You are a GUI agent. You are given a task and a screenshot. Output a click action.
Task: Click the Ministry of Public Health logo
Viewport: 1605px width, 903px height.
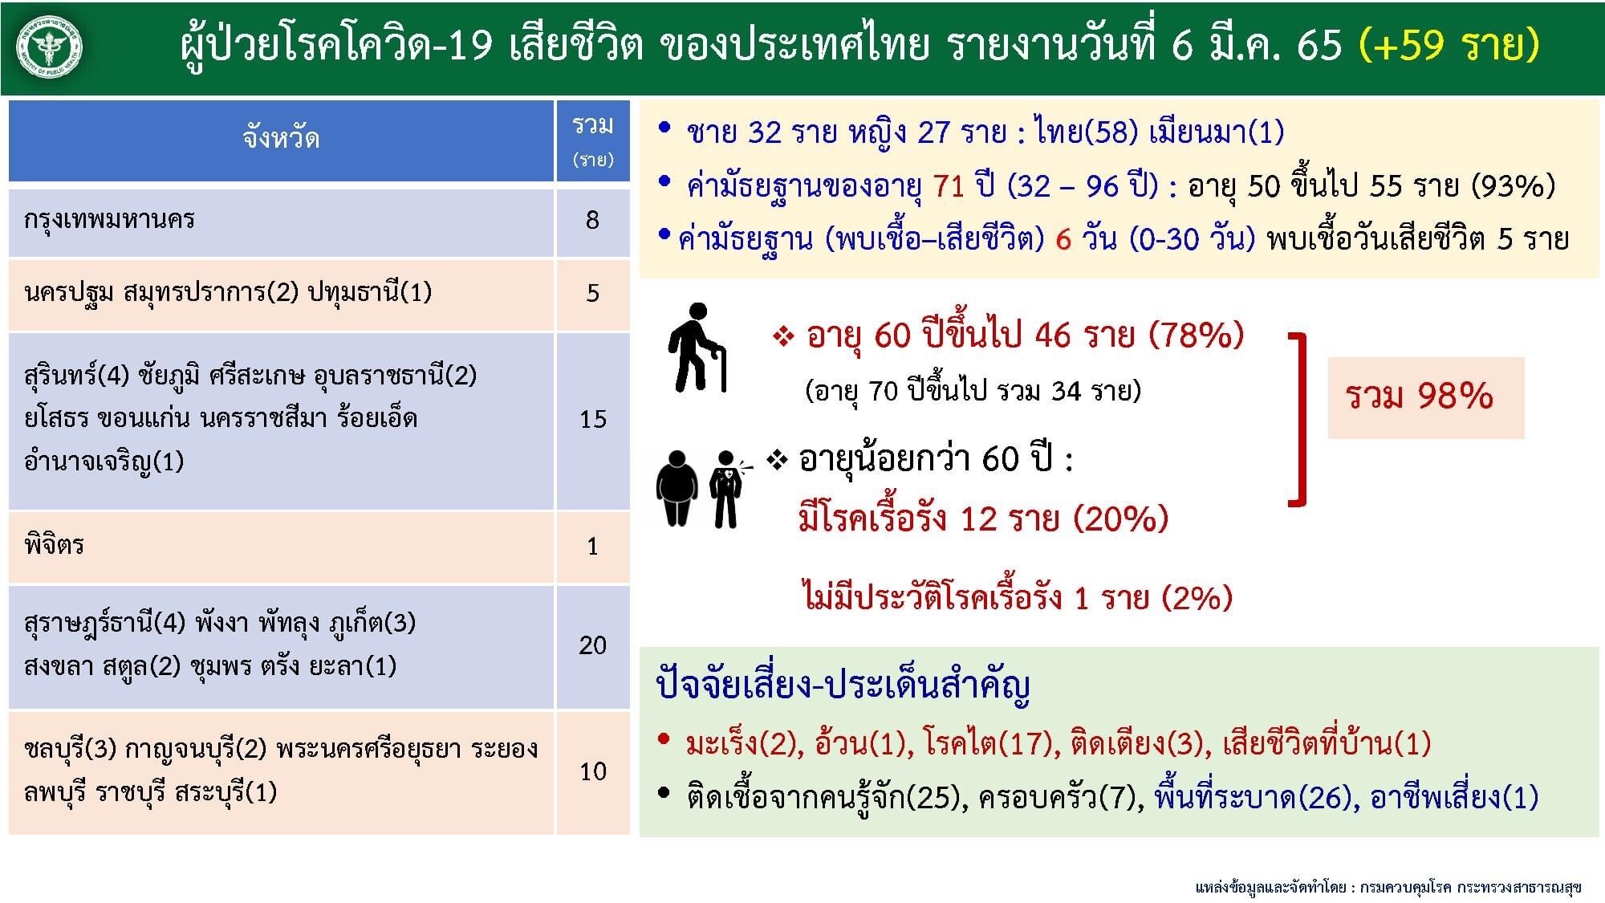(50, 47)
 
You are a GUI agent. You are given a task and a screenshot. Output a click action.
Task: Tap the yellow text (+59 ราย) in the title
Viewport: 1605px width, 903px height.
(1449, 44)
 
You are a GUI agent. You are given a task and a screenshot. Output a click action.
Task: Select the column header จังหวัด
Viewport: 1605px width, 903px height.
(281, 139)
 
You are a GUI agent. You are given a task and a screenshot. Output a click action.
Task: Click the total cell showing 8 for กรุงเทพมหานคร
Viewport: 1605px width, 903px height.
(592, 221)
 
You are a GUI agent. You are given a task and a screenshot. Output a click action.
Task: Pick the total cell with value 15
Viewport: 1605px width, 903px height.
(592, 419)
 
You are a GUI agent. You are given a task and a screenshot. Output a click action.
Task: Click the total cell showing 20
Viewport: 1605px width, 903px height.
(592, 645)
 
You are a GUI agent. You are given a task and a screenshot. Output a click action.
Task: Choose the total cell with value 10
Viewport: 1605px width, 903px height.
(592, 771)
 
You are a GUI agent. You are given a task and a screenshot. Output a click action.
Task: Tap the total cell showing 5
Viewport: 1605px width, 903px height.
(592, 294)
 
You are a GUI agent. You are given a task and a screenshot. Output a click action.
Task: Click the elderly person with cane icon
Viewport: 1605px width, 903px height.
(697, 348)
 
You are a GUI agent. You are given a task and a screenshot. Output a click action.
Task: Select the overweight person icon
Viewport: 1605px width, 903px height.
(677, 488)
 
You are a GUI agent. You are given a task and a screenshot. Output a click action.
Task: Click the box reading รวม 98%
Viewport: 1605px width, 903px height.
(1425, 397)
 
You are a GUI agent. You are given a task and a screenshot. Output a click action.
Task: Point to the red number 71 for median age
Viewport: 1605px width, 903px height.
(948, 186)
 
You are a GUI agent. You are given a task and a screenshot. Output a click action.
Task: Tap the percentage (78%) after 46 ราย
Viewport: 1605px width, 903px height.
(1197, 335)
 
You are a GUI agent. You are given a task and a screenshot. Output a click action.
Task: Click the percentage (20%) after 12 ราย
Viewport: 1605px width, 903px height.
(1121, 519)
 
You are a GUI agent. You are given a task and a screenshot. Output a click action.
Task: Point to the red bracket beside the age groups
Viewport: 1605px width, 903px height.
(1299, 420)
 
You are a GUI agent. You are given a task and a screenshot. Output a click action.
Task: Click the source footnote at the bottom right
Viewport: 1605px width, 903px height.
(1388, 886)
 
